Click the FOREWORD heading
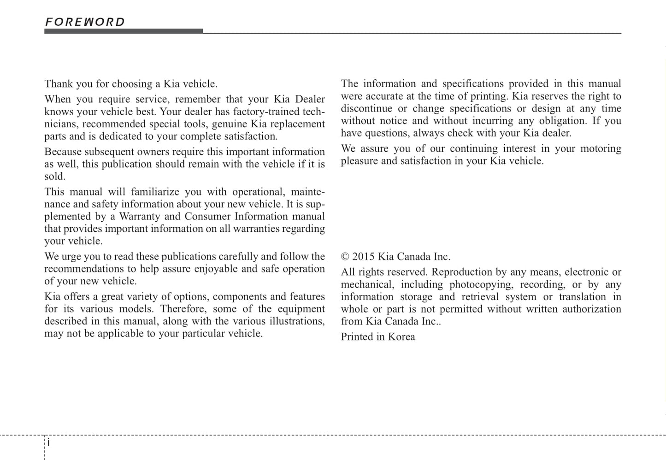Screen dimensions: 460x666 coord(85,22)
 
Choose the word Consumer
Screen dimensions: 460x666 coord(206,217)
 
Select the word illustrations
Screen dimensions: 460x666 coord(296,321)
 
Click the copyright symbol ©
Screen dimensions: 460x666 coord(345,257)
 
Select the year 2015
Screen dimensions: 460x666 coord(364,257)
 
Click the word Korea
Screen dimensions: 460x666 coord(401,337)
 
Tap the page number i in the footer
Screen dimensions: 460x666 coord(48,443)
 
